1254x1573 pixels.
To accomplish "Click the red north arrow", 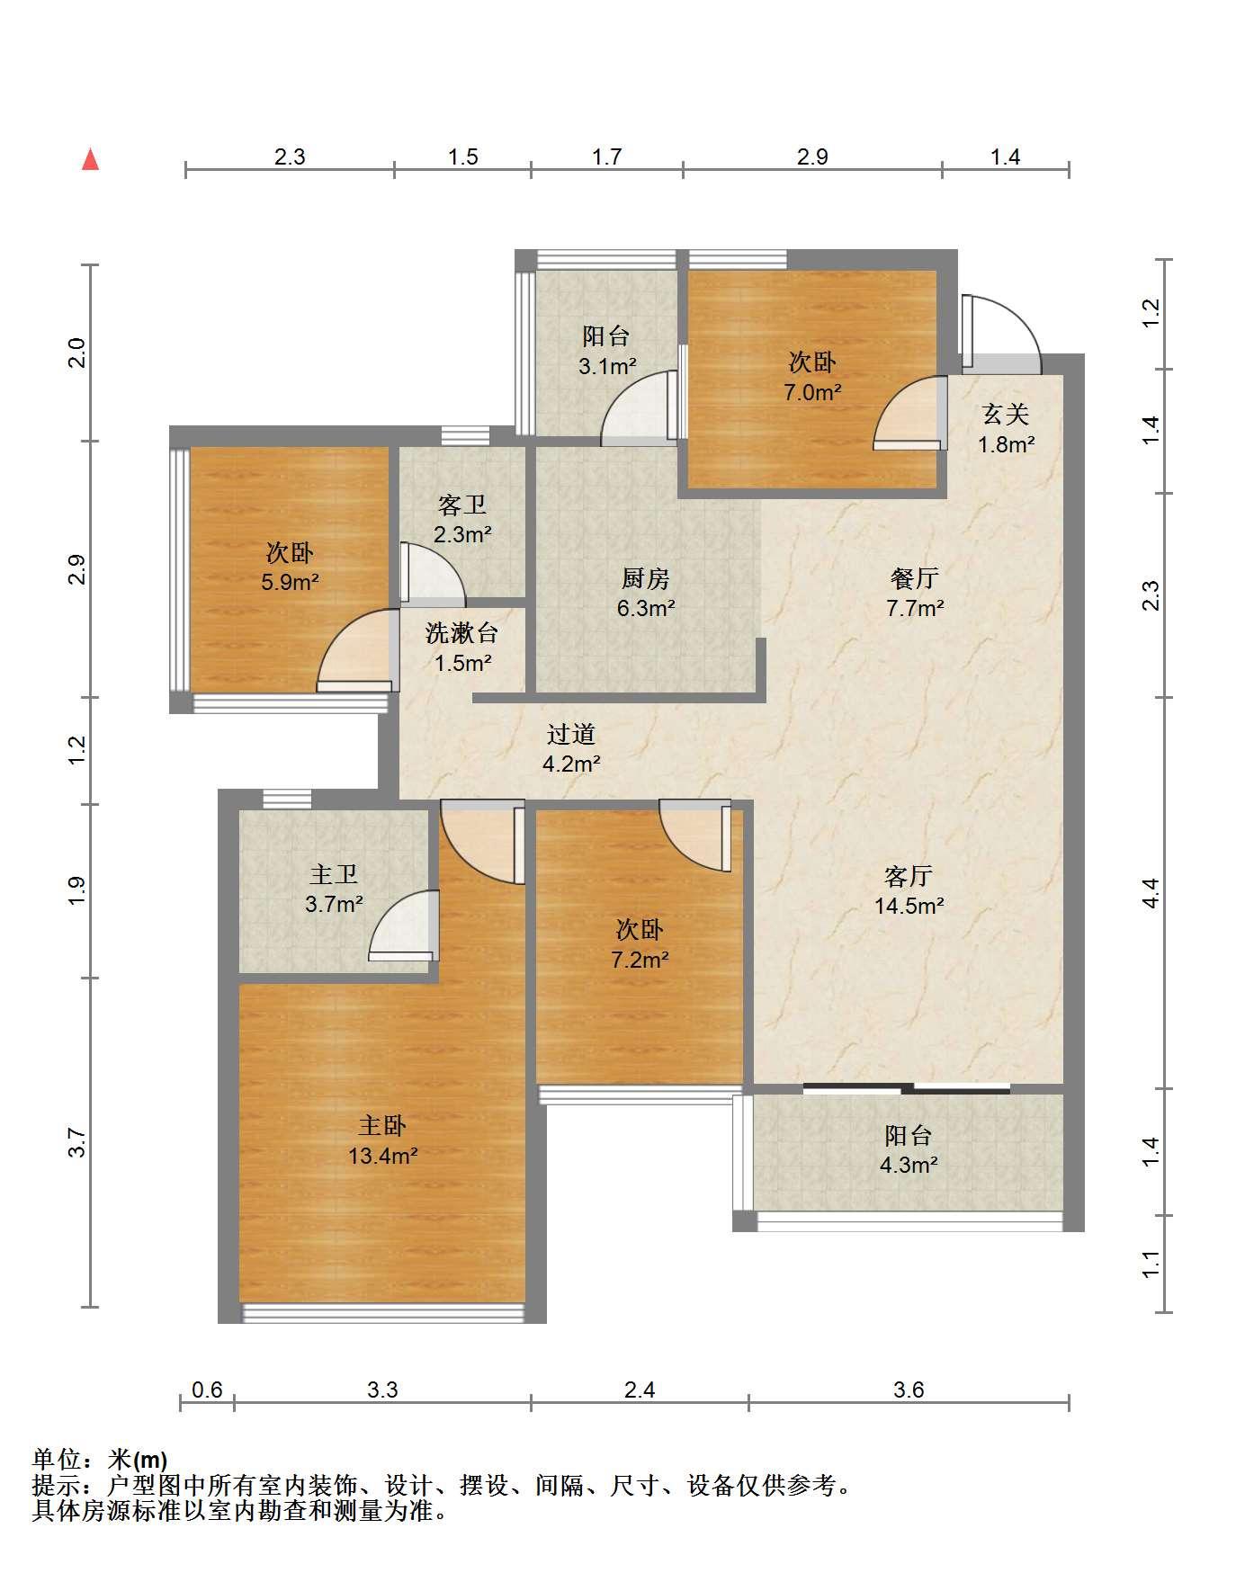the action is tap(90, 160).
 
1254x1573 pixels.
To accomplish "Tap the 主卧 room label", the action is tap(382, 1125).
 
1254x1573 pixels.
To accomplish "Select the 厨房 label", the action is tap(646, 578).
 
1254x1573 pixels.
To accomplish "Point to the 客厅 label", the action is tap(909, 875).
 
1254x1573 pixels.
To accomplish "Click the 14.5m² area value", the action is tap(909, 906).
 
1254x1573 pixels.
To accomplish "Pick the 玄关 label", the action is tap(1006, 414).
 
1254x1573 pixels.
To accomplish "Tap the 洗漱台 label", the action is tap(461, 633).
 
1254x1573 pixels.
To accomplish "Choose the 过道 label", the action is tap(571, 735).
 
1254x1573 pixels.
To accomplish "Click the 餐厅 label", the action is tap(915, 577).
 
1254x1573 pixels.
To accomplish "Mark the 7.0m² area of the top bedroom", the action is tap(812, 392).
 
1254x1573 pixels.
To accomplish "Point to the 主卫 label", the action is tap(334, 873).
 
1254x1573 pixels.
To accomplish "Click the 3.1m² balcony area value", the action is tap(607, 366).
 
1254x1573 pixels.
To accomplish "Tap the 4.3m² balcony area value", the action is tap(909, 1166).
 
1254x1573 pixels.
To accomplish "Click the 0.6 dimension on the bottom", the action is tap(207, 1390).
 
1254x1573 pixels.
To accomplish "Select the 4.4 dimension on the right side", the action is tap(1151, 892).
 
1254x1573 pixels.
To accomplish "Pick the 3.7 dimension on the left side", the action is tap(78, 1142).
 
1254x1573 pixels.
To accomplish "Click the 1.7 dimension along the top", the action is tap(607, 156).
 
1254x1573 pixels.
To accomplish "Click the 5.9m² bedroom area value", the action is tap(291, 582).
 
